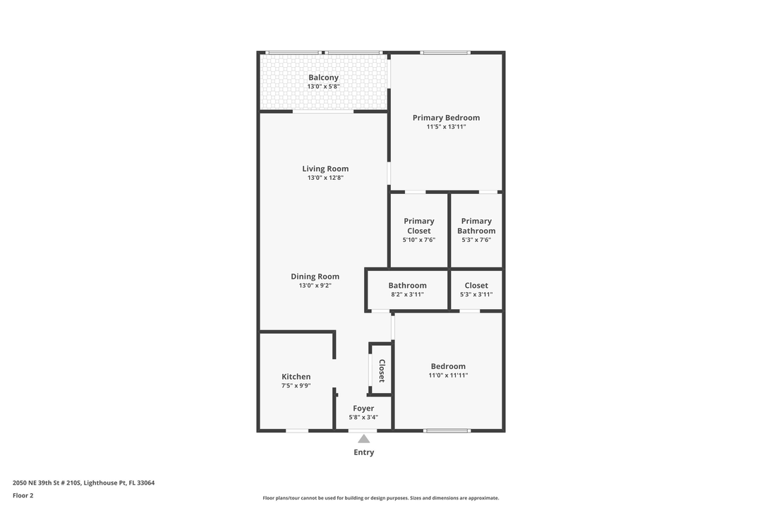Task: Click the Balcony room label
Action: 323,78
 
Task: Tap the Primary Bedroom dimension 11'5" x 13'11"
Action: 446,127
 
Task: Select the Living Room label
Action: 325,169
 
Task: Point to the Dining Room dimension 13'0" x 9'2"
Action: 315,286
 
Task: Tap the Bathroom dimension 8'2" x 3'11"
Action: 407,295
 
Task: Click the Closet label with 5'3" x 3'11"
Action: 476,286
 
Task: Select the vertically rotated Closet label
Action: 382,370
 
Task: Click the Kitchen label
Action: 296,377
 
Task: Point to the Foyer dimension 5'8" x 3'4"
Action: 363,418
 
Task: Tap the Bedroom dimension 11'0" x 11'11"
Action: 448,375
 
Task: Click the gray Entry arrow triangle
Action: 363,439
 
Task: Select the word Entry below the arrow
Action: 363,452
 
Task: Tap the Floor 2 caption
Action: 23,495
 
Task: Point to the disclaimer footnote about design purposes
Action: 380,498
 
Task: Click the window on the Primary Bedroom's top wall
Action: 445,52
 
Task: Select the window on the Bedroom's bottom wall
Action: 447,430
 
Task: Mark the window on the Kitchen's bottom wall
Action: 297,430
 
